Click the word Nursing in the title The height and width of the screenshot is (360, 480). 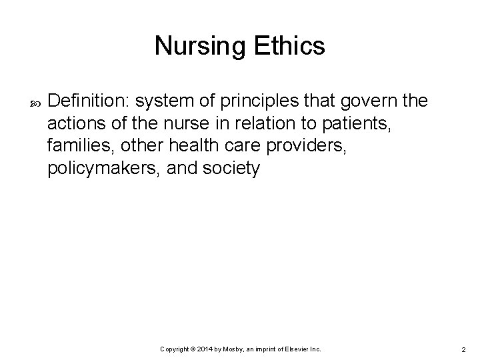point(198,47)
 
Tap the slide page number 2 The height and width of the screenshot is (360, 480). point(463,350)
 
